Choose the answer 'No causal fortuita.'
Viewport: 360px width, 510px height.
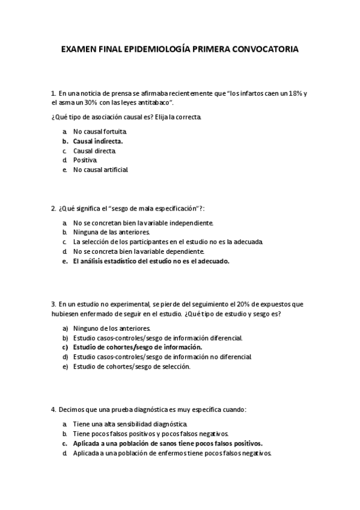(x=100, y=131)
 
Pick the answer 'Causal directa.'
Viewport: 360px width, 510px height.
(x=95, y=151)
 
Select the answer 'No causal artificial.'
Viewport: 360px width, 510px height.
(x=100, y=170)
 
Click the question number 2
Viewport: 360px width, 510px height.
(x=53, y=208)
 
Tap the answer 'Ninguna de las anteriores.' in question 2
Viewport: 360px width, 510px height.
(x=111, y=232)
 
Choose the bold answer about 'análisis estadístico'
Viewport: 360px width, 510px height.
(x=151, y=261)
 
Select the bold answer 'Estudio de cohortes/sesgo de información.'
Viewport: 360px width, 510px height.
(x=138, y=348)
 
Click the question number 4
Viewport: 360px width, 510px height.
(x=53, y=410)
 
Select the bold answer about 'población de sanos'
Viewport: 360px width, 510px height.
(x=168, y=444)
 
